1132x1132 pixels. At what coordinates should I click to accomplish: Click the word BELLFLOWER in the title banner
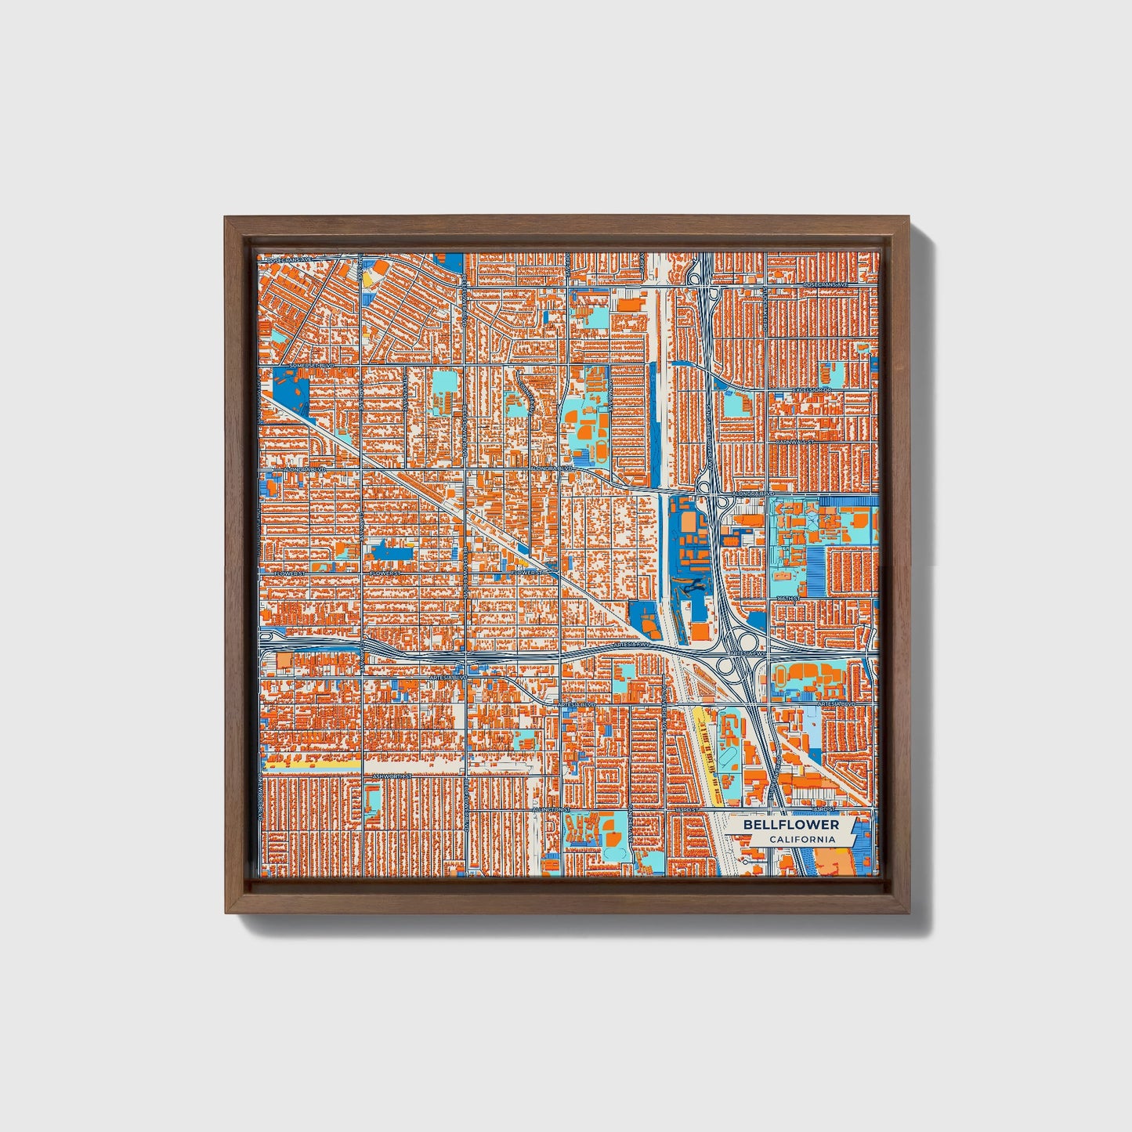point(790,825)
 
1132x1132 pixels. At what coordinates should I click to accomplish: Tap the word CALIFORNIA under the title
point(801,840)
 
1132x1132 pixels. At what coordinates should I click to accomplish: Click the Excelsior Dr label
point(810,389)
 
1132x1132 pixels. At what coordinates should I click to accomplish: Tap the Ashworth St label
point(392,776)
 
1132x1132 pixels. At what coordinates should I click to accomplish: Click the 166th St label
point(787,599)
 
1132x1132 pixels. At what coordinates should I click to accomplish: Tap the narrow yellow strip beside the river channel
point(707,744)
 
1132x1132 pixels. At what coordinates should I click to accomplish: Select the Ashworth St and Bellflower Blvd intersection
point(465,775)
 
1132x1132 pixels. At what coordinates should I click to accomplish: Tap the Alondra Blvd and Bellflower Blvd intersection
point(465,469)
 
